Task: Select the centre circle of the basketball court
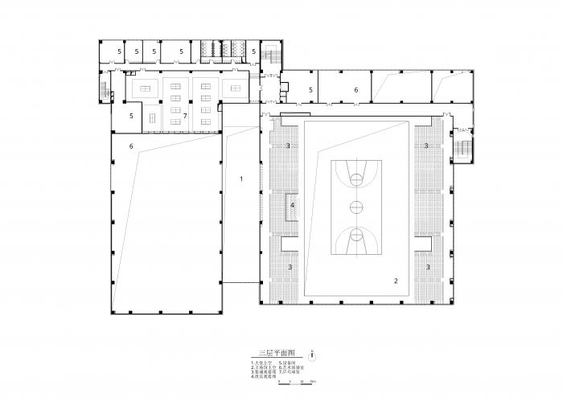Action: [355, 206]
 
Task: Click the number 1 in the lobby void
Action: [241, 178]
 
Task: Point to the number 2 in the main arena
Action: [395, 281]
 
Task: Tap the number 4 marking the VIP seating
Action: [292, 206]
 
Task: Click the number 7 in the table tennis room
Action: [185, 116]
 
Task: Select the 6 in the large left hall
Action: [130, 146]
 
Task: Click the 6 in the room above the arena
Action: [355, 90]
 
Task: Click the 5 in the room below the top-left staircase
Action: [131, 116]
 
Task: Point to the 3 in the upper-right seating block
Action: [425, 146]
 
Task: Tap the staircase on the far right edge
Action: [464, 148]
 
